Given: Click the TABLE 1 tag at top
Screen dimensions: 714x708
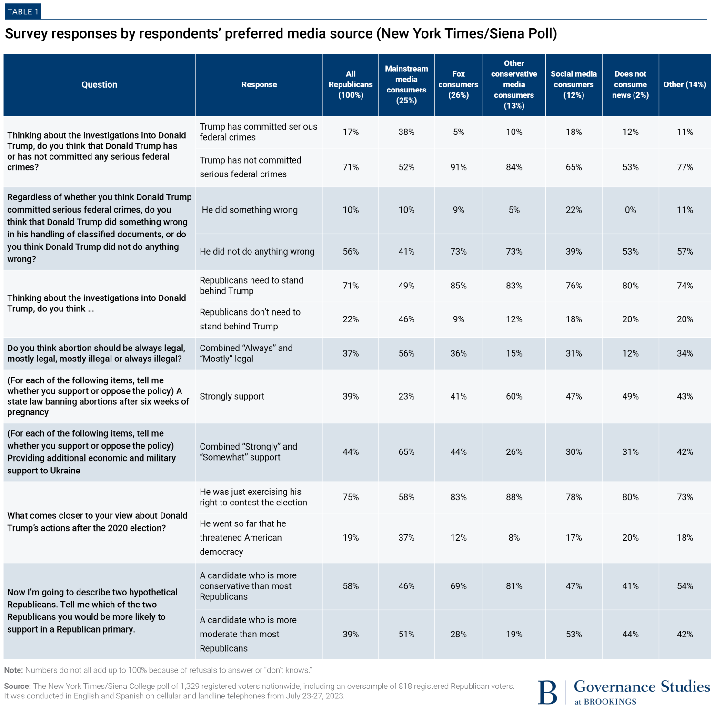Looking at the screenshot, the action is [23, 11].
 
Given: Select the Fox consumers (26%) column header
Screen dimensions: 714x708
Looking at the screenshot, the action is [458, 84].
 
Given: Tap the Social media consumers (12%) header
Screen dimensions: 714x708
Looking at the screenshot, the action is [573, 84].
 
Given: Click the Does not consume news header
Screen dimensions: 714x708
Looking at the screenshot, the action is [630, 84].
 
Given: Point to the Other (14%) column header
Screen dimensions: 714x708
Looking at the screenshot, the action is [684, 84].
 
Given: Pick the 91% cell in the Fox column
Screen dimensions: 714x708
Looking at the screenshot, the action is [458, 167].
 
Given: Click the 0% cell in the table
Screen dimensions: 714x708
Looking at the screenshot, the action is [630, 210].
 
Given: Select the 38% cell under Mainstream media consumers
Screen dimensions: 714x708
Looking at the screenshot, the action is [406, 132].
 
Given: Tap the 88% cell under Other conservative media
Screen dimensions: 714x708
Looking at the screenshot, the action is [514, 497].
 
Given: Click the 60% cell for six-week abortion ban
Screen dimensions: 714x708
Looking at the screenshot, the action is [514, 396].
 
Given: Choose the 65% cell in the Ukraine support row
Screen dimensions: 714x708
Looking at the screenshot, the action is [406, 452].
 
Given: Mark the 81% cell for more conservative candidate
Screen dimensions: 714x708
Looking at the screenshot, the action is [514, 586].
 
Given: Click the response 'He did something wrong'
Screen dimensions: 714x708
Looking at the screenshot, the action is [250, 210].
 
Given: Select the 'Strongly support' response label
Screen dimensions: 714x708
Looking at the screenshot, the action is [232, 396].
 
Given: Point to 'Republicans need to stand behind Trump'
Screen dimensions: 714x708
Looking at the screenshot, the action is [251, 286].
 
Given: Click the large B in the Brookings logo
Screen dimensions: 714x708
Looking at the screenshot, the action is [547, 692].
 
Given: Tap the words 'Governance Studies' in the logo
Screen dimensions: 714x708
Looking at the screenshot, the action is [642, 687].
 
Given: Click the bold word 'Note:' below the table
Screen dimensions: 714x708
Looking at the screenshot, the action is [14, 670].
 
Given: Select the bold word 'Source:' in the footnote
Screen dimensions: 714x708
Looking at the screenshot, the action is [18, 687].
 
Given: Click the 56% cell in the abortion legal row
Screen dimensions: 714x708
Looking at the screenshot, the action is [406, 353].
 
